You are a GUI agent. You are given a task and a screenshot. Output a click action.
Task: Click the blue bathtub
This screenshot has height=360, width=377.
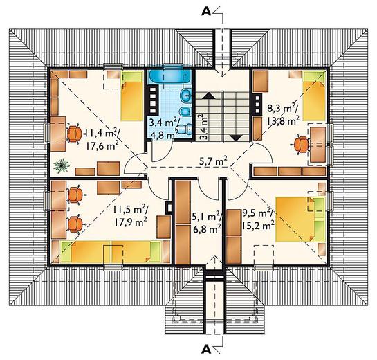(x=169, y=77)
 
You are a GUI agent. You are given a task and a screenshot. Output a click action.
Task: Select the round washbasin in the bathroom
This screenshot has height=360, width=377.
(x=186, y=95)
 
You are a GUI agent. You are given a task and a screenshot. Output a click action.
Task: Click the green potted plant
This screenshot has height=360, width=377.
(x=62, y=166)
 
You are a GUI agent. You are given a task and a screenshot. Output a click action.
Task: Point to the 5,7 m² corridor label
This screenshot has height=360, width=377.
(x=213, y=161)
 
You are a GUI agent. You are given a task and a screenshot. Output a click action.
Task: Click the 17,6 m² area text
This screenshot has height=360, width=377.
(x=102, y=146)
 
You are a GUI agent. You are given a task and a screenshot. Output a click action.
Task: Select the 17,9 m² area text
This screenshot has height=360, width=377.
(x=131, y=222)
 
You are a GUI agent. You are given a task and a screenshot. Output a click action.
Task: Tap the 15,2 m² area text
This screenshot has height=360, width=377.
(x=259, y=225)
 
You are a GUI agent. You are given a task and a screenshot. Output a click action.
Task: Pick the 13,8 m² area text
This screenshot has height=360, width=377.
(x=283, y=120)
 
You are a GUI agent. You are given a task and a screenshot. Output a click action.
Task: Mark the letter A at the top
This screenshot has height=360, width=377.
(x=206, y=11)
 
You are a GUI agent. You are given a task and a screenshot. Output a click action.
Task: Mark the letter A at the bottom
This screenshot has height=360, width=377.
(x=206, y=349)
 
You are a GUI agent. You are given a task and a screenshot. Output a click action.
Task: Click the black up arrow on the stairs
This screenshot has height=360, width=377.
(x=210, y=96)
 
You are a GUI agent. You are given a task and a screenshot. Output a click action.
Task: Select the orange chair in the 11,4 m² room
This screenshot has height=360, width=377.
(x=74, y=134)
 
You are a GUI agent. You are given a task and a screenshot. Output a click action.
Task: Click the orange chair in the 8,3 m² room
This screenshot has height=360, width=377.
(x=302, y=145)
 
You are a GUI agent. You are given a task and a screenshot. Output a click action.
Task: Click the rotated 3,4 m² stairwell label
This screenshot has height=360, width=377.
(x=203, y=127)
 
